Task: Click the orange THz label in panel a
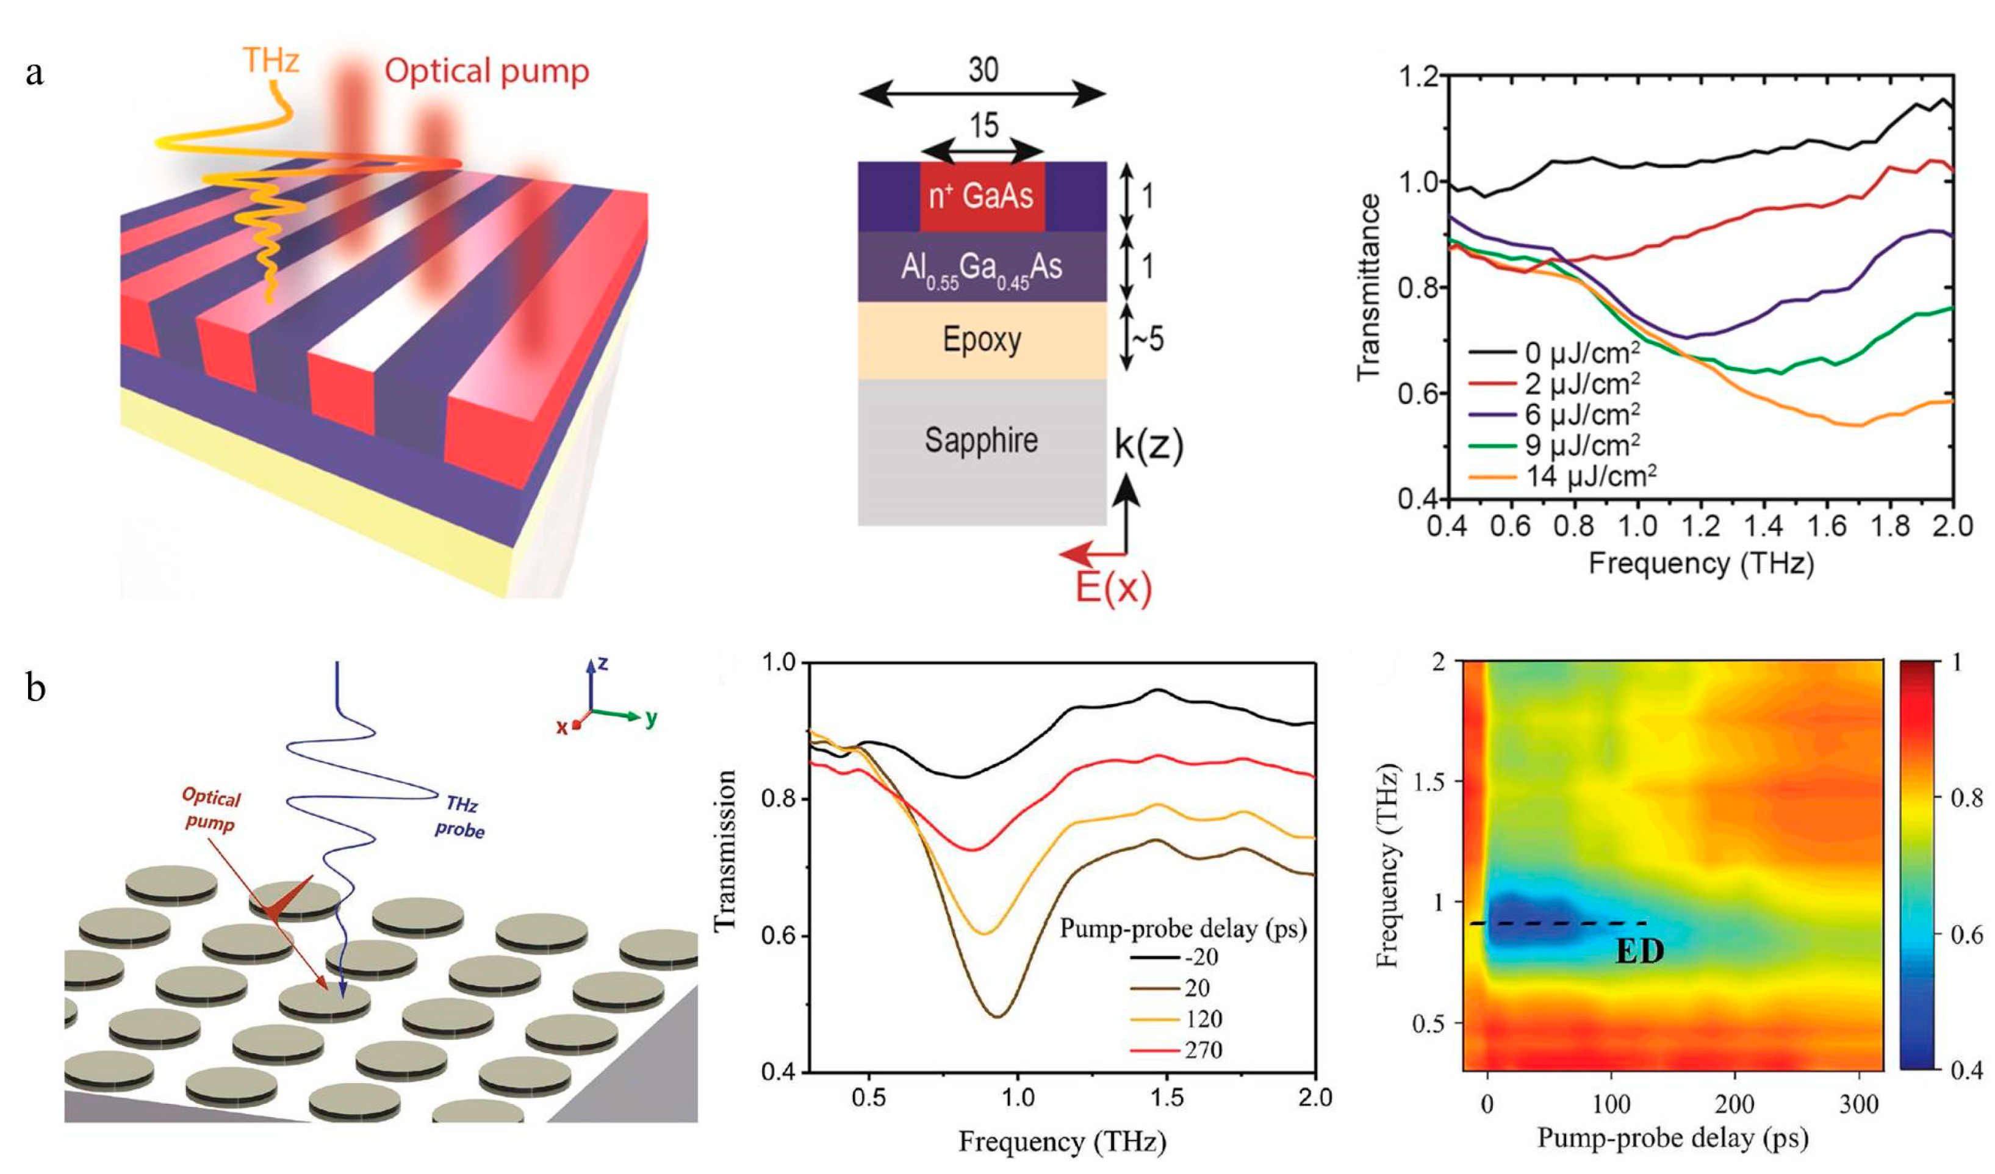coord(270,61)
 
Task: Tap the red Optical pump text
coord(486,71)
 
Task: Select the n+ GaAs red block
coord(982,195)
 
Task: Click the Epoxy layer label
coord(982,340)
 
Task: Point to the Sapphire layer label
coord(981,440)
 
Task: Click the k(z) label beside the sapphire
coord(1149,445)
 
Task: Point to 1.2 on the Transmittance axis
coord(1418,77)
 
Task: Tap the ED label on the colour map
coord(1639,951)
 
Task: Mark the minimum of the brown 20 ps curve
coord(997,1017)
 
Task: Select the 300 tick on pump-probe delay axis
coord(1858,1104)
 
